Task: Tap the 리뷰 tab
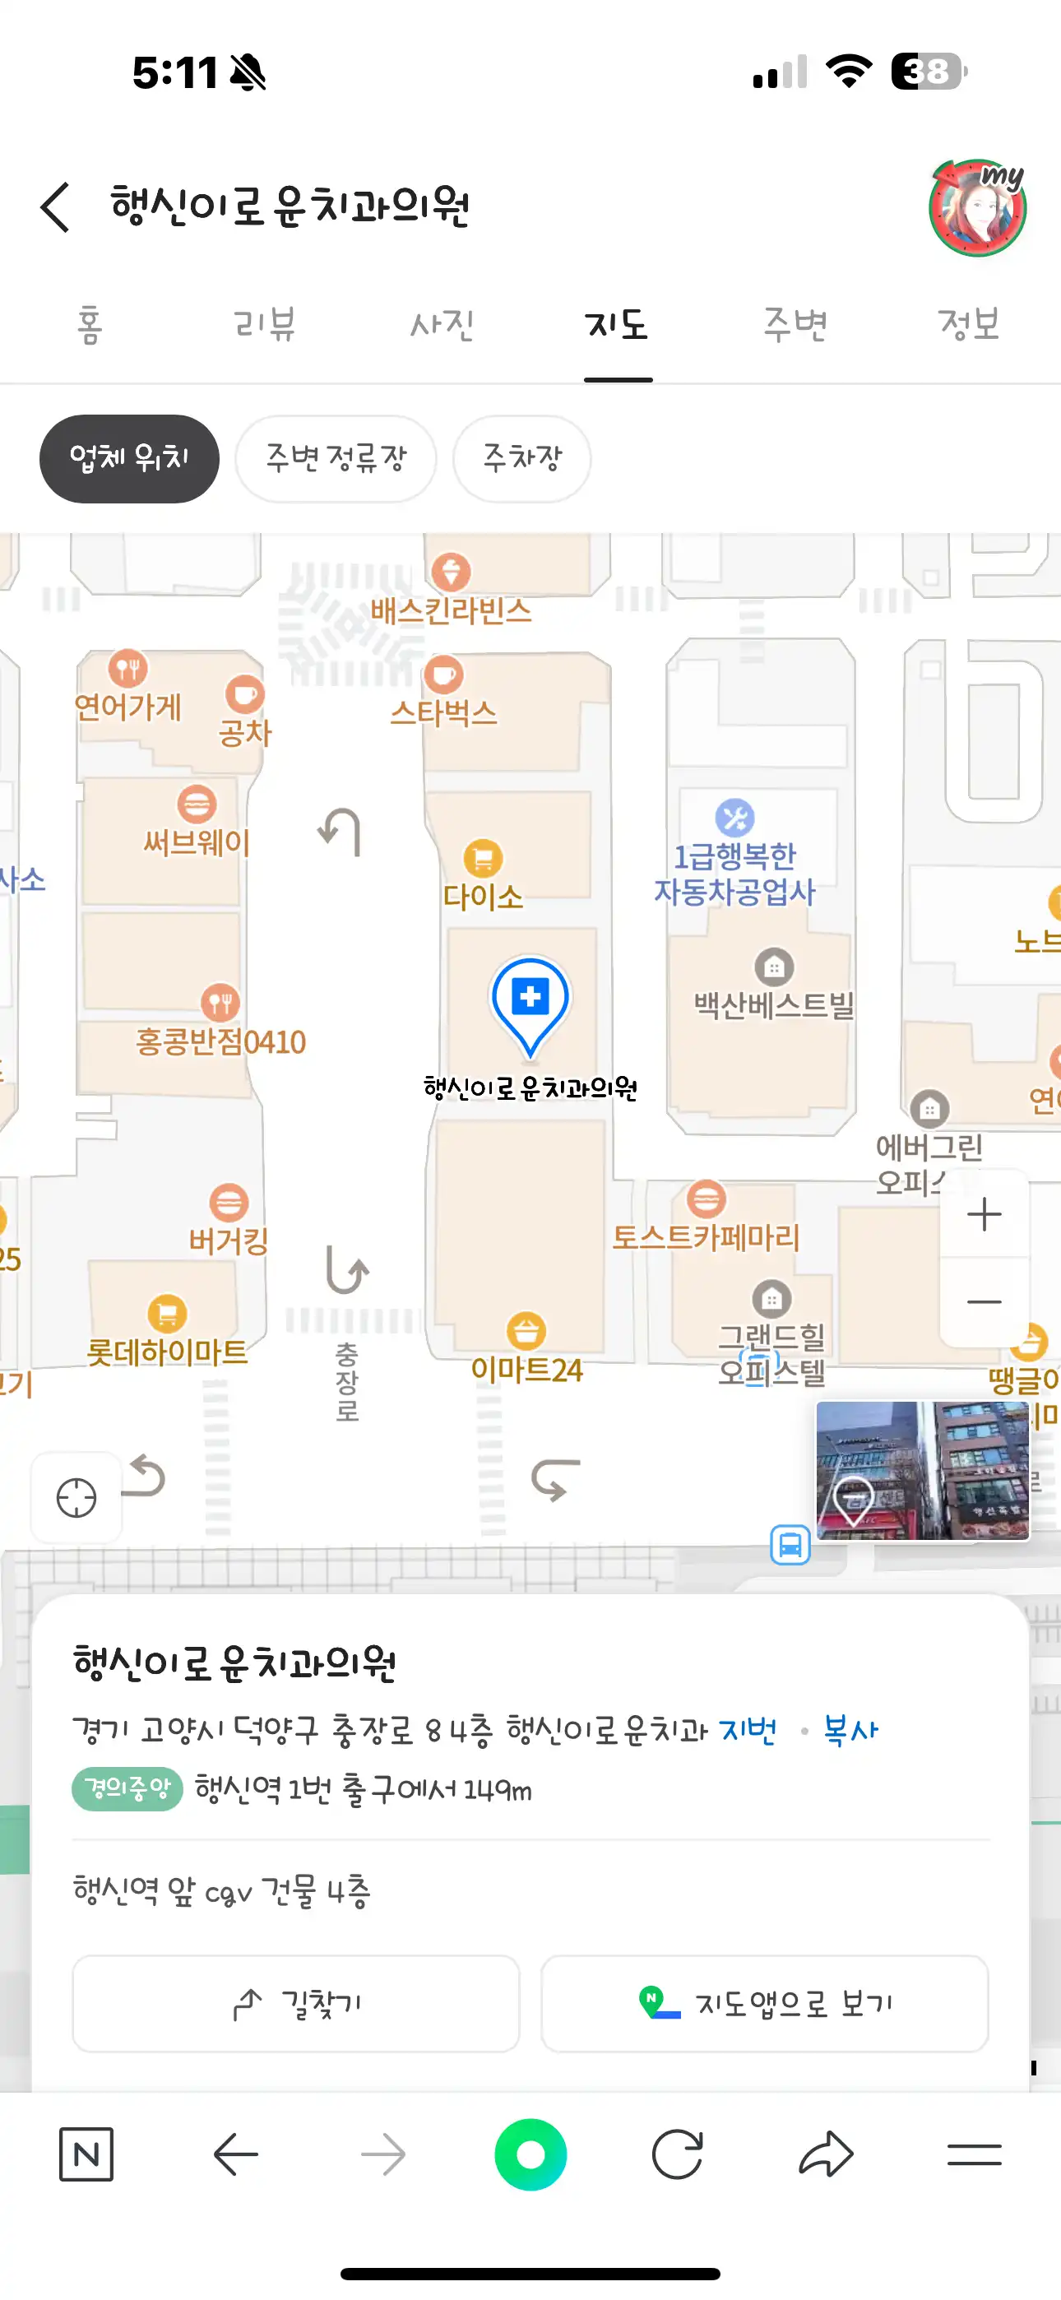[264, 323]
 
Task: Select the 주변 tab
[795, 323]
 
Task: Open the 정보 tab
[968, 323]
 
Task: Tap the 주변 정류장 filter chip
[336, 459]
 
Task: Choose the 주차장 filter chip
[521, 459]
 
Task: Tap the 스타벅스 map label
[444, 712]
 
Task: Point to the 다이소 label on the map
[483, 896]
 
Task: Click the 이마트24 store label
[526, 1369]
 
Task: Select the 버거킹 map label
[229, 1240]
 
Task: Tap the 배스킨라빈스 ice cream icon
[451, 572]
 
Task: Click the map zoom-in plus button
[985, 1214]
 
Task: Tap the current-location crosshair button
[76, 1497]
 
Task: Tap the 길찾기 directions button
[295, 2004]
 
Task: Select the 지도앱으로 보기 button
[764, 2004]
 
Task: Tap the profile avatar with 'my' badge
[978, 208]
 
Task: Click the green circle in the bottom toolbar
[530, 2154]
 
